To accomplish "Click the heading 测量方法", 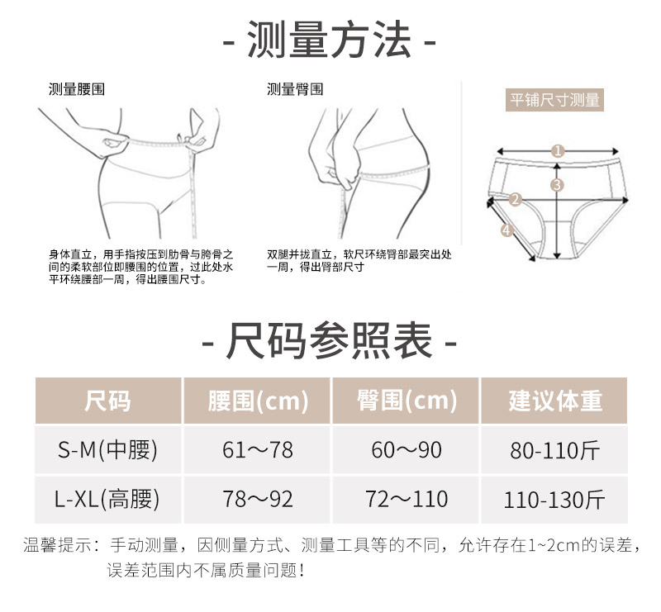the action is (x=329, y=40).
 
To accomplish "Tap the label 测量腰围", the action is (x=77, y=89).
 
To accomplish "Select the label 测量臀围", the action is (x=295, y=89).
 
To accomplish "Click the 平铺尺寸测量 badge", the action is (x=554, y=100).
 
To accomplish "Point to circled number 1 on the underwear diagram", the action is (x=558, y=151).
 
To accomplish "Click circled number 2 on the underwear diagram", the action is (x=515, y=199).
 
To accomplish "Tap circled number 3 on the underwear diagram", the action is (x=557, y=185).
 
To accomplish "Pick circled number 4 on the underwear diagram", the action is (x=506, y=230).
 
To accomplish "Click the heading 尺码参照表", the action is (x=329, y=340).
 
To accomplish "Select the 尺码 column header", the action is (x=108, y=401).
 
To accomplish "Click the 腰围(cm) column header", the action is (x=258, y=401).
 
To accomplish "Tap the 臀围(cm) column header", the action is (x=407, y=401).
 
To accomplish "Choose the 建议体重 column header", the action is (x=554, y=401).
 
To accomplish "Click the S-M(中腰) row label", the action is (x=107, y=450).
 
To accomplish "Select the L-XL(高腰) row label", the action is (x=107, y=499).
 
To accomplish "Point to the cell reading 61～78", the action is (x=258, y=450).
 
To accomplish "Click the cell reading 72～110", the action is (x=407, y=499).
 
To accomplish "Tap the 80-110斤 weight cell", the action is (x=554, y=450).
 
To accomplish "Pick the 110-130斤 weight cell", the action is (x=554, y=500).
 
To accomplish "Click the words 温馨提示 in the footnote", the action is (x=58, y=545).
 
